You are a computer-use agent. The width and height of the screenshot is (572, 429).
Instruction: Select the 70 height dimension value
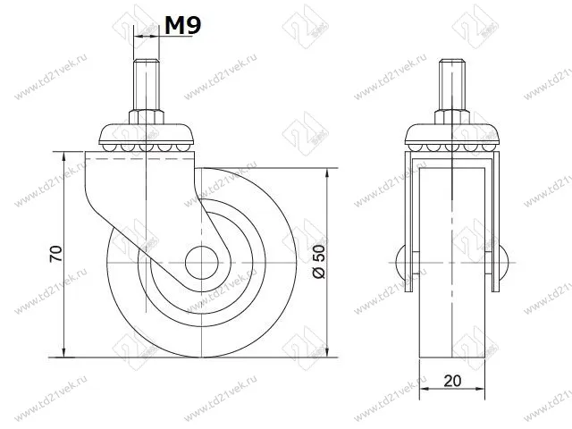tap(56, 254)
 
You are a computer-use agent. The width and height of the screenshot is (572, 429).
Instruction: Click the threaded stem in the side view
tap(145, 86)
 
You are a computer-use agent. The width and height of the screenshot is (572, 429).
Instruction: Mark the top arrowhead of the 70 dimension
tap(66, 157)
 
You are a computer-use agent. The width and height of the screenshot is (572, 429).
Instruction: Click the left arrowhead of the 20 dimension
tap(422, 391)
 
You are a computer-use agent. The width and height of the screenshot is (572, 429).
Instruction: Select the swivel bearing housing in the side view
tap(145, 138)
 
